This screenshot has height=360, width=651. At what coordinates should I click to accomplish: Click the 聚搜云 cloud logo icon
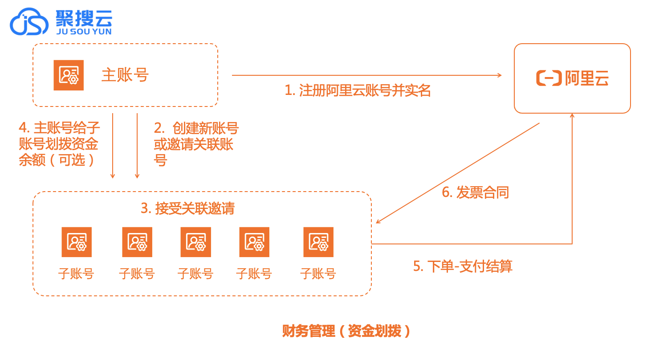click(x=29, y=22)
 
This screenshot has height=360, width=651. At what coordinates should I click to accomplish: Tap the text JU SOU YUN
click(x=84, y=32)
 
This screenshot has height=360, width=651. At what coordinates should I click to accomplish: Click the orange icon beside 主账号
click(x=69, y=75)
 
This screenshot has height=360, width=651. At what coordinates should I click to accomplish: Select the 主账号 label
click(x=125, y=75)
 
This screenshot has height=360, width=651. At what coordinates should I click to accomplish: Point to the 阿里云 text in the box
click(x=586, y=78)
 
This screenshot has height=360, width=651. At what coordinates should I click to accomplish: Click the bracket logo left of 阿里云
click(x=549, y=78)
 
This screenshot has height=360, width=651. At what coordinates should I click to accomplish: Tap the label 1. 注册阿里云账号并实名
click(x=358, y=90)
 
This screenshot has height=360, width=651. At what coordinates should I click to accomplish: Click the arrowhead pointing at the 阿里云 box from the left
click(x=499, y=75)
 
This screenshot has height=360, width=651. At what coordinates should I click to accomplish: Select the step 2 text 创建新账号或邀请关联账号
click(x=196, y=144)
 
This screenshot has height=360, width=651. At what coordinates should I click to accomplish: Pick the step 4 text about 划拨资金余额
click(x=59, y=144)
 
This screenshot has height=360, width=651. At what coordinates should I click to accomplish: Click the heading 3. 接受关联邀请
click(x=187, y=208)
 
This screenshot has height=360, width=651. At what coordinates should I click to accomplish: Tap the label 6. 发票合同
click(x=475, y=192)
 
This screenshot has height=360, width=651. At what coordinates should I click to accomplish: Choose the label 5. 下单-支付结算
click(x=463, y=266)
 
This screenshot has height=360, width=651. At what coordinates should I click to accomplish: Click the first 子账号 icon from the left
click(x=77, y=242)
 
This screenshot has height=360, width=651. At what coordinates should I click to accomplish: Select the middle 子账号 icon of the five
click(x=196, y=242)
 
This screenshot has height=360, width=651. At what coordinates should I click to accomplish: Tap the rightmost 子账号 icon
click(x=318, y=242)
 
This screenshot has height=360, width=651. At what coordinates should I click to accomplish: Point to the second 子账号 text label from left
click(x=137, y=273)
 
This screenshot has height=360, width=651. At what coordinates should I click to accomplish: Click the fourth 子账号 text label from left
click(x=254, y=273)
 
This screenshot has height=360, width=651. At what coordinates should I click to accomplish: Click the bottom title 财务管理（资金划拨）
click(x=346, y=331)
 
